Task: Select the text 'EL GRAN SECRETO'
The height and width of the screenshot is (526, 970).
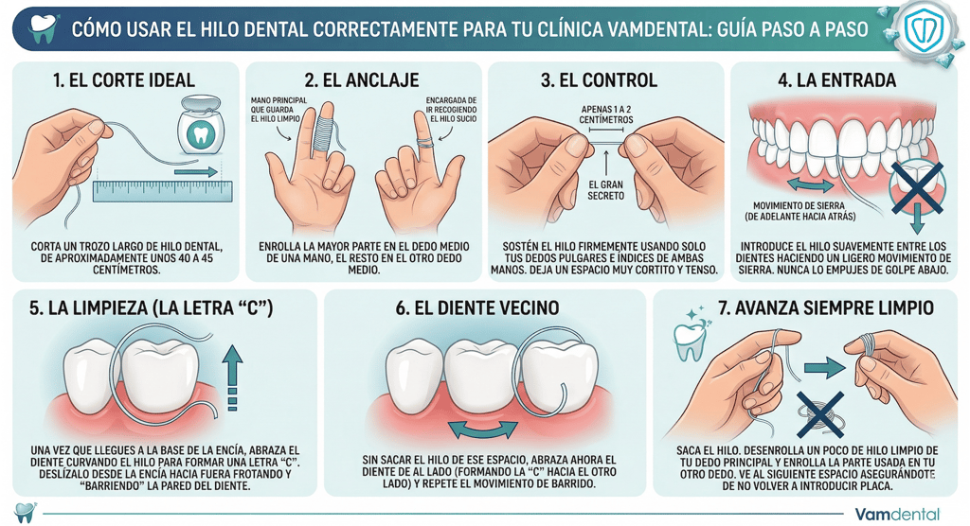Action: click(x=605, y=189)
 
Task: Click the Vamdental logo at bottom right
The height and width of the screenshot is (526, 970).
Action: click(x=897, y=515)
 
